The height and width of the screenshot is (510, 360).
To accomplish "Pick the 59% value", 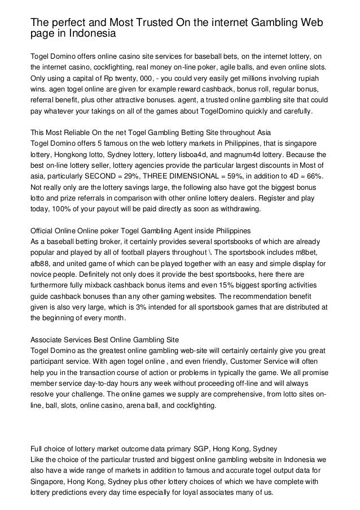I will coord(255,176).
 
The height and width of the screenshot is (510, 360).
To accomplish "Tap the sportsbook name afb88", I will coord(42,263).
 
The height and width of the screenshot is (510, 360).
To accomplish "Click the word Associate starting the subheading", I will coord(46,339).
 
